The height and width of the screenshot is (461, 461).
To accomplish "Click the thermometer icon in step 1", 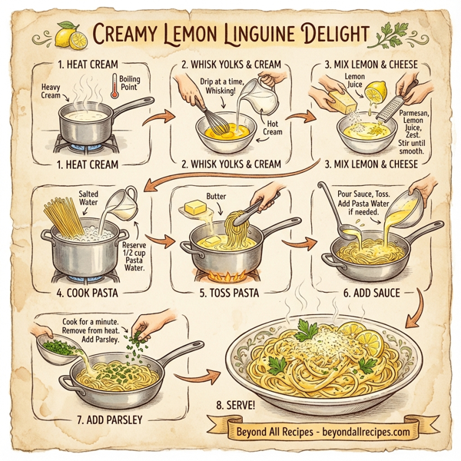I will (x=115, y=86).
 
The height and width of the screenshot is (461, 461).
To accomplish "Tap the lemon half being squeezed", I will (x=375, y=102).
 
